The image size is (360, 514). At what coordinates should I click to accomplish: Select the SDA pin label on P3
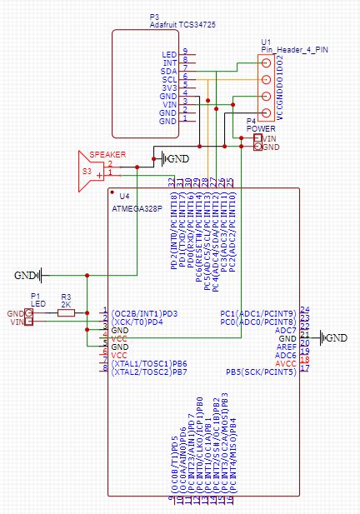(x=169, y=72)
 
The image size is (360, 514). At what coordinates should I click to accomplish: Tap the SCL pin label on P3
(x=169, y=80)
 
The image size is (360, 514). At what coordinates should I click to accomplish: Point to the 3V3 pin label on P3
(x=169, y=87)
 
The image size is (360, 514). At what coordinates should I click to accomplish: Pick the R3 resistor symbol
(x=65, y=313)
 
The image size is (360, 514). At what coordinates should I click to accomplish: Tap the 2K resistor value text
(x=66, y=304)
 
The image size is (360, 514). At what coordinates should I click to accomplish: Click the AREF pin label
(x=286, y=347)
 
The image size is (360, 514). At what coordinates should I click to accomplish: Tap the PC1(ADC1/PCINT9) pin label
(x=257, y=313)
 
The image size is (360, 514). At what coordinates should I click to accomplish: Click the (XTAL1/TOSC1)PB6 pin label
(x=149, y=363)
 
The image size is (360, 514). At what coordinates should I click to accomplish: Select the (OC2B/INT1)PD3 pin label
(x=148, y=313)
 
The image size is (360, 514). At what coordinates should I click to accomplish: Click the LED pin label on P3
(x=169, y=55)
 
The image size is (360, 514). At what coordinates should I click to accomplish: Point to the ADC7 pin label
(x=286, y=330)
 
